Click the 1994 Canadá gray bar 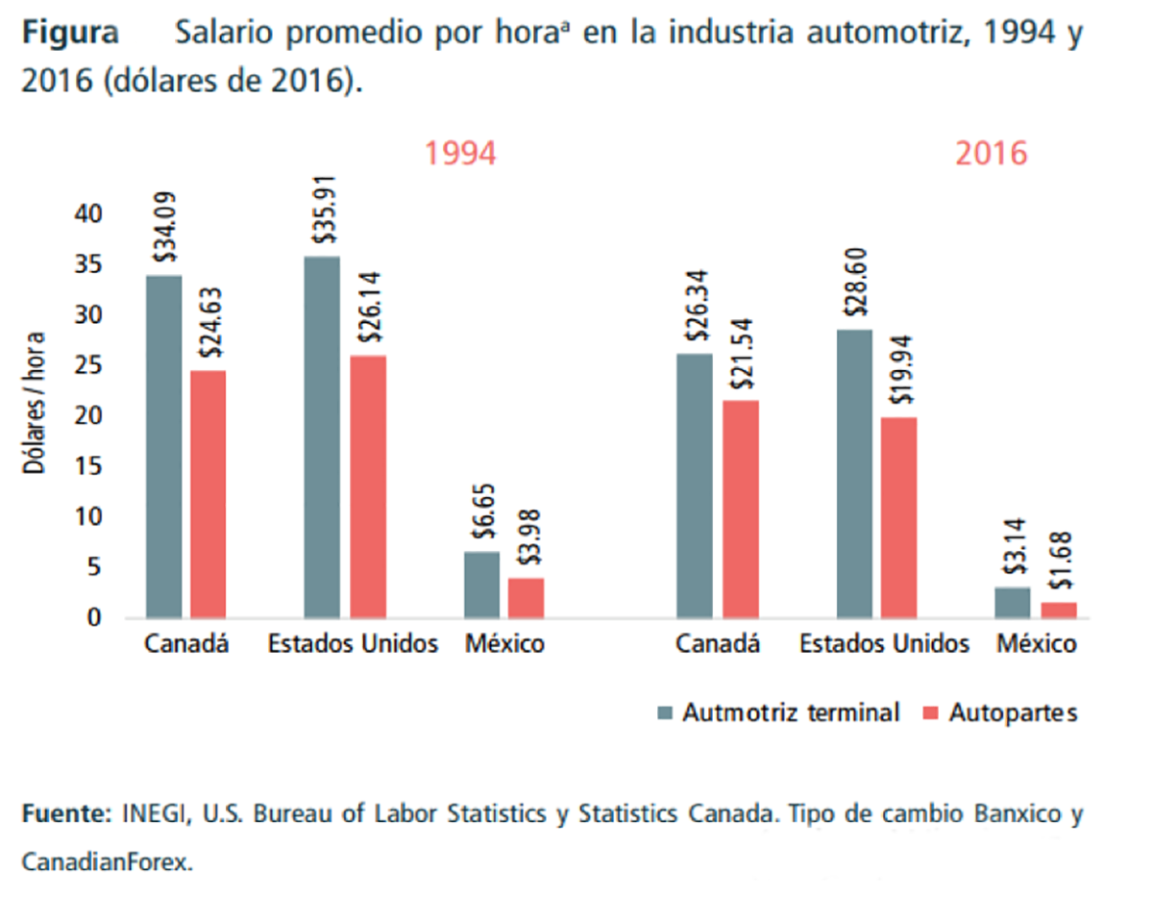[x=163, y=446]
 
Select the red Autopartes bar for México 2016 [x=1059, y=610]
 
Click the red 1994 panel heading [x=460, y=154]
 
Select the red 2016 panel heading [x=991, y=154]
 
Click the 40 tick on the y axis [x=89, y=214]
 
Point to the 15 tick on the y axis [x=89, y=467]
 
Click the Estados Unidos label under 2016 [x=884, y=644]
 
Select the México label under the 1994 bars [x=504, y=644]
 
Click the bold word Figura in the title [x=70, y=34]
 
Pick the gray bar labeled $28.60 [x=854, y=473]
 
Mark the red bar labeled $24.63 [x=209, y=493]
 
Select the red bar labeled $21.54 [x=741, y=509]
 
